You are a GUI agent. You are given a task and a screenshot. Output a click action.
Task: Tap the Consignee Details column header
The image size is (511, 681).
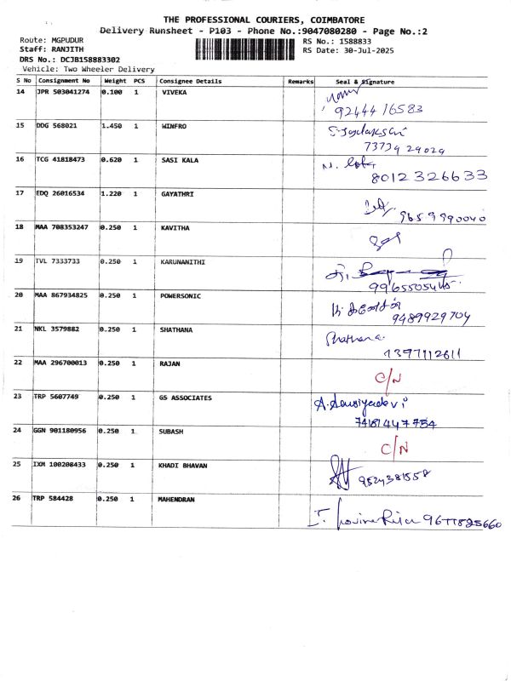191,82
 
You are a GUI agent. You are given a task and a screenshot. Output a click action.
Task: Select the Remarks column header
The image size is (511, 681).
301,82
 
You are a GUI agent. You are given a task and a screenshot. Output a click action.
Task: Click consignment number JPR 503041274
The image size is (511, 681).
62,91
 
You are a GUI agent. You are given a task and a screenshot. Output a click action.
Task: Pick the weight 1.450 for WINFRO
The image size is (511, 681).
112,125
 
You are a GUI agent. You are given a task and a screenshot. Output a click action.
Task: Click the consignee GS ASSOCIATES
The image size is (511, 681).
186,398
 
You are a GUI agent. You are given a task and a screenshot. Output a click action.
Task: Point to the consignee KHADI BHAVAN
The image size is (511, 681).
184,466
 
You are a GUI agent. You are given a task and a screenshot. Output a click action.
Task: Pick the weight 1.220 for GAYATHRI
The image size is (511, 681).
112,193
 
